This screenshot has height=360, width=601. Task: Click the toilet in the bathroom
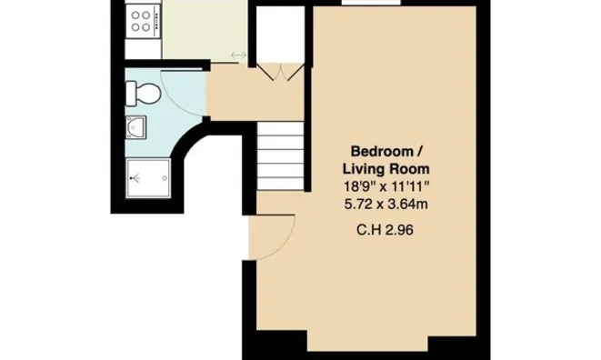tap(143, 94)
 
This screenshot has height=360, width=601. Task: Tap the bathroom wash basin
tap(135, 127)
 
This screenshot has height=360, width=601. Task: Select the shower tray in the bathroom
tap(148, 178)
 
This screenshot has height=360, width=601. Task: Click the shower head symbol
tap(134, 178)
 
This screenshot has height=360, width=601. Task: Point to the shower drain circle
tap(165, 178)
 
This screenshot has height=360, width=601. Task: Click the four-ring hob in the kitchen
tap(142, 21)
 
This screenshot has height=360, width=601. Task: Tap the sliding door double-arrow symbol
tap(238, 55)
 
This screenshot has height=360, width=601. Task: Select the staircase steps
tap(280, 156)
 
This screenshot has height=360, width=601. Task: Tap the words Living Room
tap(386, 169)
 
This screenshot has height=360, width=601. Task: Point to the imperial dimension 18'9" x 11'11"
tap(386, 186)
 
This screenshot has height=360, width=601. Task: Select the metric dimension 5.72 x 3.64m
tap(386, 204)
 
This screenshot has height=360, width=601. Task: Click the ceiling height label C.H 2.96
tap(385, 230)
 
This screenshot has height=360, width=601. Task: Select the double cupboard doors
tap(280, 72)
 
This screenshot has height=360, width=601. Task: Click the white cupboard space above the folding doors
tap(280, 35)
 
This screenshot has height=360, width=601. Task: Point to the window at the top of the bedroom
tap(371, 3)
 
